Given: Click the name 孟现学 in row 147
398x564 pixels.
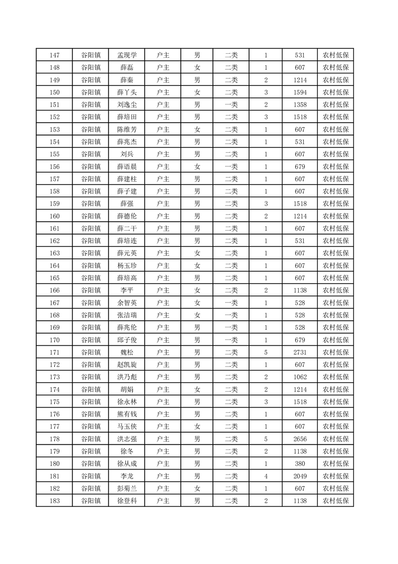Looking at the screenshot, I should (126, 55).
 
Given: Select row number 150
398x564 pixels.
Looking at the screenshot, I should (55, 92).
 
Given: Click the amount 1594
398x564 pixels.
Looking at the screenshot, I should (300, 92).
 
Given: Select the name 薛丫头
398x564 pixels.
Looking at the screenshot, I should (126, 92).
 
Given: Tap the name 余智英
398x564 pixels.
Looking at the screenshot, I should (126, 303).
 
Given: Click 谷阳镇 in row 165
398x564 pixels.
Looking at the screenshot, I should (91, 278).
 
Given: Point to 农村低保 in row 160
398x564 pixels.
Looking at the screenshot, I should (335, 216).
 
